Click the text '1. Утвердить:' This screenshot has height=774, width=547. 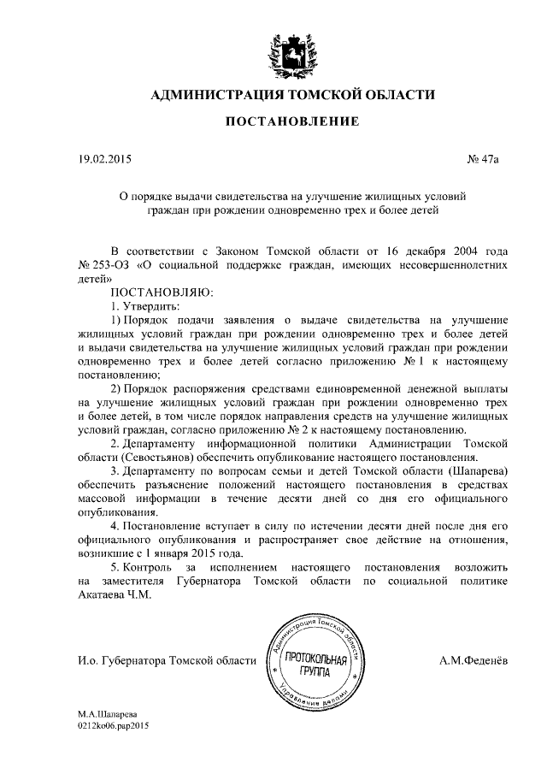(x=133, y=305)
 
